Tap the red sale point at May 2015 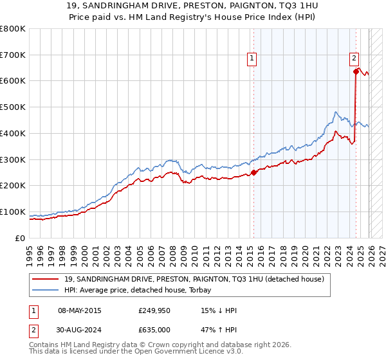pos(253,172)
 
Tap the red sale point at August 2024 pos(356,71)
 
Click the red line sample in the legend pos(46,278)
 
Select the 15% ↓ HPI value pos(219,311)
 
